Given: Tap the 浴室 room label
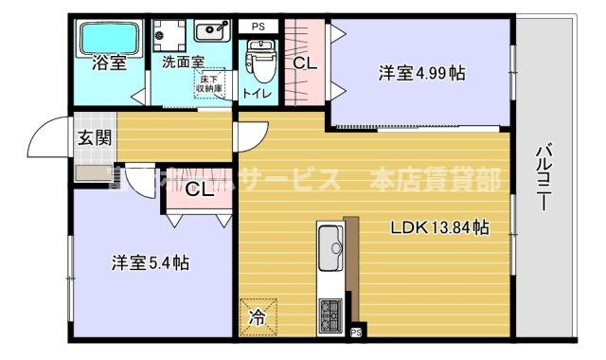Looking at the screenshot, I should coord(108,64).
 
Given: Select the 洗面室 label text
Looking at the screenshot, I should coord(183,63).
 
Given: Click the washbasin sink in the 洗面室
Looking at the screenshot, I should coord(213,30).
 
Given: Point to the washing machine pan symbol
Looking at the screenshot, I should coord(169,34).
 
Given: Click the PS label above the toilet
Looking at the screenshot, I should coord(258,27).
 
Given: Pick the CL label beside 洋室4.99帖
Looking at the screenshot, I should coord(304,64).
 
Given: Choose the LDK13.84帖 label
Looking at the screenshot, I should coord(440,227).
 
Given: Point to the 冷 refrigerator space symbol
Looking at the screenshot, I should coord(258,316).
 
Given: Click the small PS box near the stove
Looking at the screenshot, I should coord(356,332).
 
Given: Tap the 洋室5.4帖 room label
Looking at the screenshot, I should coord(150,262).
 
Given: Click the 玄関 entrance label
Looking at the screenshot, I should coord(94,138).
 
